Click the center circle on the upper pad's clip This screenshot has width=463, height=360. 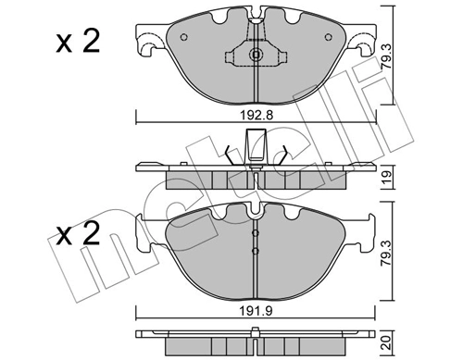coord(257,56)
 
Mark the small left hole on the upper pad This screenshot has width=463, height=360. coord(183,38)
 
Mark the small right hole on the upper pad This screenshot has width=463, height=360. coord(329,38)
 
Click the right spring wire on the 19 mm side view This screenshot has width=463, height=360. coord(283,154)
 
